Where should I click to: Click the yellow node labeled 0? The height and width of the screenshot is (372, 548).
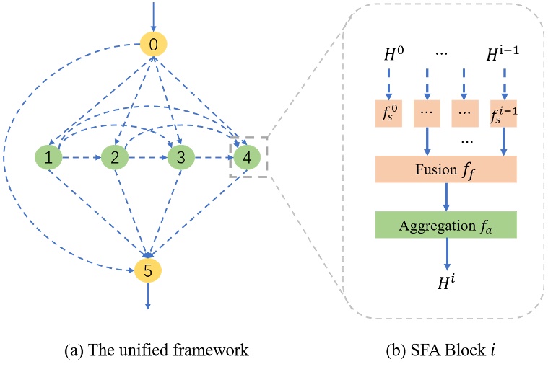(x=153, y=45)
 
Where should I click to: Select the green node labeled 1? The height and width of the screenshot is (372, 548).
(x=48, y=157)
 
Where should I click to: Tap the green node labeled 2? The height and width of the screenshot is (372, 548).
(x=114, y=157)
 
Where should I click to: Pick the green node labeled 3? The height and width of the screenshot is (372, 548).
(x=181, y=157)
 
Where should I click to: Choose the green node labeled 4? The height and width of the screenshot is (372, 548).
(x=246, y=157)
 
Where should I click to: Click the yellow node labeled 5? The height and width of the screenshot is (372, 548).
(x=148, y=270)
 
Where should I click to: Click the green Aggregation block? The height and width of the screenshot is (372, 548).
(x=445, y=225)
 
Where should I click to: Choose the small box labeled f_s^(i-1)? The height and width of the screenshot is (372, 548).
(x=503, y=114)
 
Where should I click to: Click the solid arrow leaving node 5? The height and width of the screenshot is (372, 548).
(x=148, y=295)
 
